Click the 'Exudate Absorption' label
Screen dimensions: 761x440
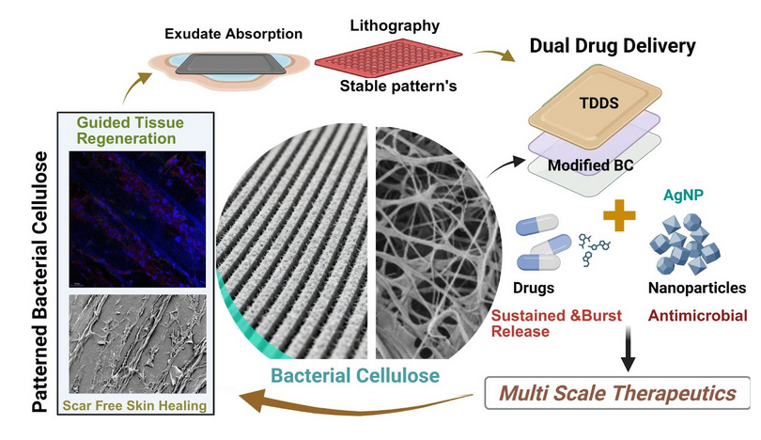(x=233, y=34)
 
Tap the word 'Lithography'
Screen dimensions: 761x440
(x=395, y=25)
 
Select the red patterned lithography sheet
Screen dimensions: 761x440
(x=388, y=59)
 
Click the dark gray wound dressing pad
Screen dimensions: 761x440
(x=227, y=64)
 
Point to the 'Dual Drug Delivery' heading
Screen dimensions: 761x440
(x=613, y=46)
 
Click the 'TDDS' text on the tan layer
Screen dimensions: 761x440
(x=598, y=103)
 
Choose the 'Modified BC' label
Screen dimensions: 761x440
(x=591, y=165)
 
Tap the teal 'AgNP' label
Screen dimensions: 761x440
(x=683, y=196)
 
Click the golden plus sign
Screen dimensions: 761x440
(x=619, y=214)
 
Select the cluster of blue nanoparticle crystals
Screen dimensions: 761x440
(x=685, y=244)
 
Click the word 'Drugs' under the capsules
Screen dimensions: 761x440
(x=534, y=288)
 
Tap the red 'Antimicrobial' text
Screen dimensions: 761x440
(x=697, y=316)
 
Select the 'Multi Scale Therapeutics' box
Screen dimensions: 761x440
(x=617, y=393)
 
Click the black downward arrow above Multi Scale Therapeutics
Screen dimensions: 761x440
(x=628, y=349)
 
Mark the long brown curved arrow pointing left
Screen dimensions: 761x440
(x=356, y=403)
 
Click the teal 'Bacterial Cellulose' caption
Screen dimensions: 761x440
(x=355, y=375)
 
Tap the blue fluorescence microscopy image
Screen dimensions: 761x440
(x=137, y=219)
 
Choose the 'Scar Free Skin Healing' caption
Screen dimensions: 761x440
(x=134, y=405)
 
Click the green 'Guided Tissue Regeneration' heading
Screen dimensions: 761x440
(x=130, y=130)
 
